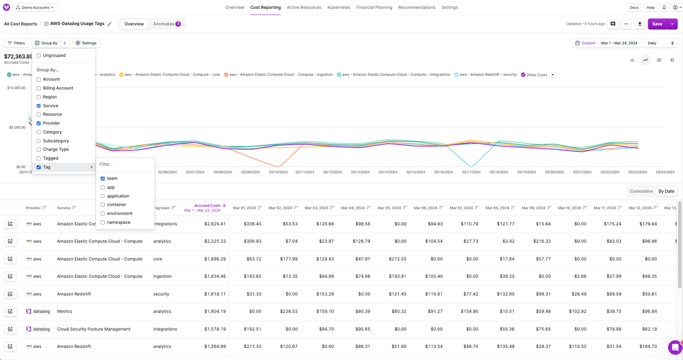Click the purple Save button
click(657, 24)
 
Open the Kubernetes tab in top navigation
click(338, 8)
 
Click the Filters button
click(16, 43)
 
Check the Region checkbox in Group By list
click(39, 97)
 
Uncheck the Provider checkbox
click(39, 123)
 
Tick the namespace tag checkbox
click(102, 223)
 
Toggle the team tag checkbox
click(102, 178)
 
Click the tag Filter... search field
click(125, 164)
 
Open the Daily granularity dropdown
click(660, 43)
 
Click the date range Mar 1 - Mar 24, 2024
click(619, 43)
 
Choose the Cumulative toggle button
click(641, 191)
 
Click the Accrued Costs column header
click(207, 206)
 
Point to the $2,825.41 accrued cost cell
click(212, 224)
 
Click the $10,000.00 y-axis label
click(16, 88)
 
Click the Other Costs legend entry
click(536, 75)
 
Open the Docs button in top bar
click(634, 8)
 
